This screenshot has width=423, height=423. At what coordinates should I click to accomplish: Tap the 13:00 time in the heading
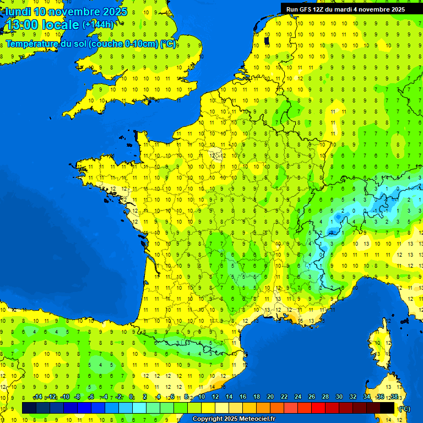coord(22,25)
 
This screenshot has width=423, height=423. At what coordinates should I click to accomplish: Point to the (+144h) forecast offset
coord(98,24)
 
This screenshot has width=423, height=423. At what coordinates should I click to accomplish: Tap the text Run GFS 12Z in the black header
coord(305,9)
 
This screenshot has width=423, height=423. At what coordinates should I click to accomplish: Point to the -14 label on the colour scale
coord(37,397)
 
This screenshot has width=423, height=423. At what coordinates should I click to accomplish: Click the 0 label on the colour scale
coord(131,397)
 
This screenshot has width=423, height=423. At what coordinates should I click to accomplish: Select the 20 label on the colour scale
coord(270,397)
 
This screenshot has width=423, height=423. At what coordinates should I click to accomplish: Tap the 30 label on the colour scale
coord(339,397)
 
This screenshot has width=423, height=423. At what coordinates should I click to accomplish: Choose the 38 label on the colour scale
coord(394,397)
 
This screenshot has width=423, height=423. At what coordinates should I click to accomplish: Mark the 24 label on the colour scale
coord(298,397)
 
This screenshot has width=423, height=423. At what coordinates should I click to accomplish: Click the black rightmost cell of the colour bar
coord(388,408)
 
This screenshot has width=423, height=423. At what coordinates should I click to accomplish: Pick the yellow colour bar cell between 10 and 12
coord(208,408)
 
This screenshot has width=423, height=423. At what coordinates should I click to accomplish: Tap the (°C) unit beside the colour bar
coord(404,409)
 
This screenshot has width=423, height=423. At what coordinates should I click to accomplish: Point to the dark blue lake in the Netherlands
coord(267,40)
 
